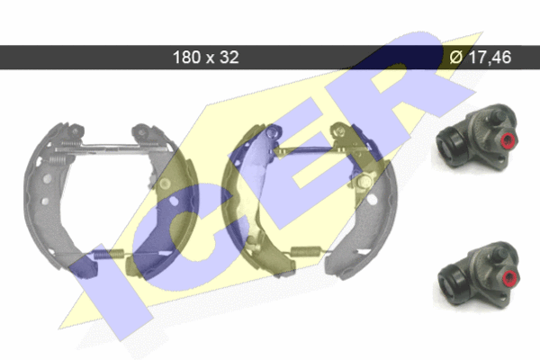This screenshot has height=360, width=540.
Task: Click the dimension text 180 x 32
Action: click(x=205, y=58)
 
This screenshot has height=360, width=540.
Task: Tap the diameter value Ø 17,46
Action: click(x=481, y=58)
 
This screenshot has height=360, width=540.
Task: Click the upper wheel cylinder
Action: click(x=477, y=137)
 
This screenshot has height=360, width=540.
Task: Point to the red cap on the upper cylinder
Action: click(x=508, y=140)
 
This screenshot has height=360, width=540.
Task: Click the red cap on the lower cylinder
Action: click(x=510, y=277)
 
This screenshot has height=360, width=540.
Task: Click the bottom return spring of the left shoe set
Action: click(x=109, y=254)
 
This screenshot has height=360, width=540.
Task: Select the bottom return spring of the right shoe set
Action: click(x=306, y=251)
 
